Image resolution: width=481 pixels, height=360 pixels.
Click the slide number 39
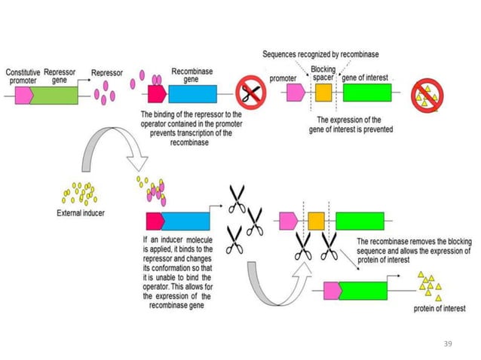448,343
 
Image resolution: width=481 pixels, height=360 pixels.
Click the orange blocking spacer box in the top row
323,93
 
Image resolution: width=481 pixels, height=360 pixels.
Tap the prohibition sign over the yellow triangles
427,95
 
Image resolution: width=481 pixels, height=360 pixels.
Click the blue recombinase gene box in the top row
192,93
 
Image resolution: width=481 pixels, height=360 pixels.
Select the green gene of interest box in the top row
367,93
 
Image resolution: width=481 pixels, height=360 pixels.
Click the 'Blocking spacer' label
323,74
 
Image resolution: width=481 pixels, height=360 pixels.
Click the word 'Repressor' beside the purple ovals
106,74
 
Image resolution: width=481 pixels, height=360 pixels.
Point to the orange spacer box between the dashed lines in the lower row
316,221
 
